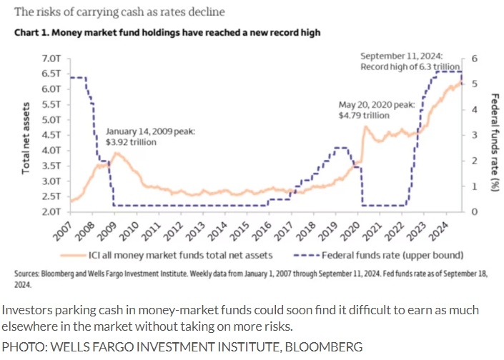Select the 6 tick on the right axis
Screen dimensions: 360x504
pyautogui.click(x=473, y=59)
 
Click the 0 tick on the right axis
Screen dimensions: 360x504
pyautogui.click(x=473, y=212)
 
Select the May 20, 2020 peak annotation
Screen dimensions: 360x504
pyautogui.click(x=376, y=109)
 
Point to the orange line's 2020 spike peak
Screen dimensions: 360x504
pyautogui.click(x=365, y=127)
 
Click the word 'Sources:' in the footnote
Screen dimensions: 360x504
pyautogui.click(x=27, y=274)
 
